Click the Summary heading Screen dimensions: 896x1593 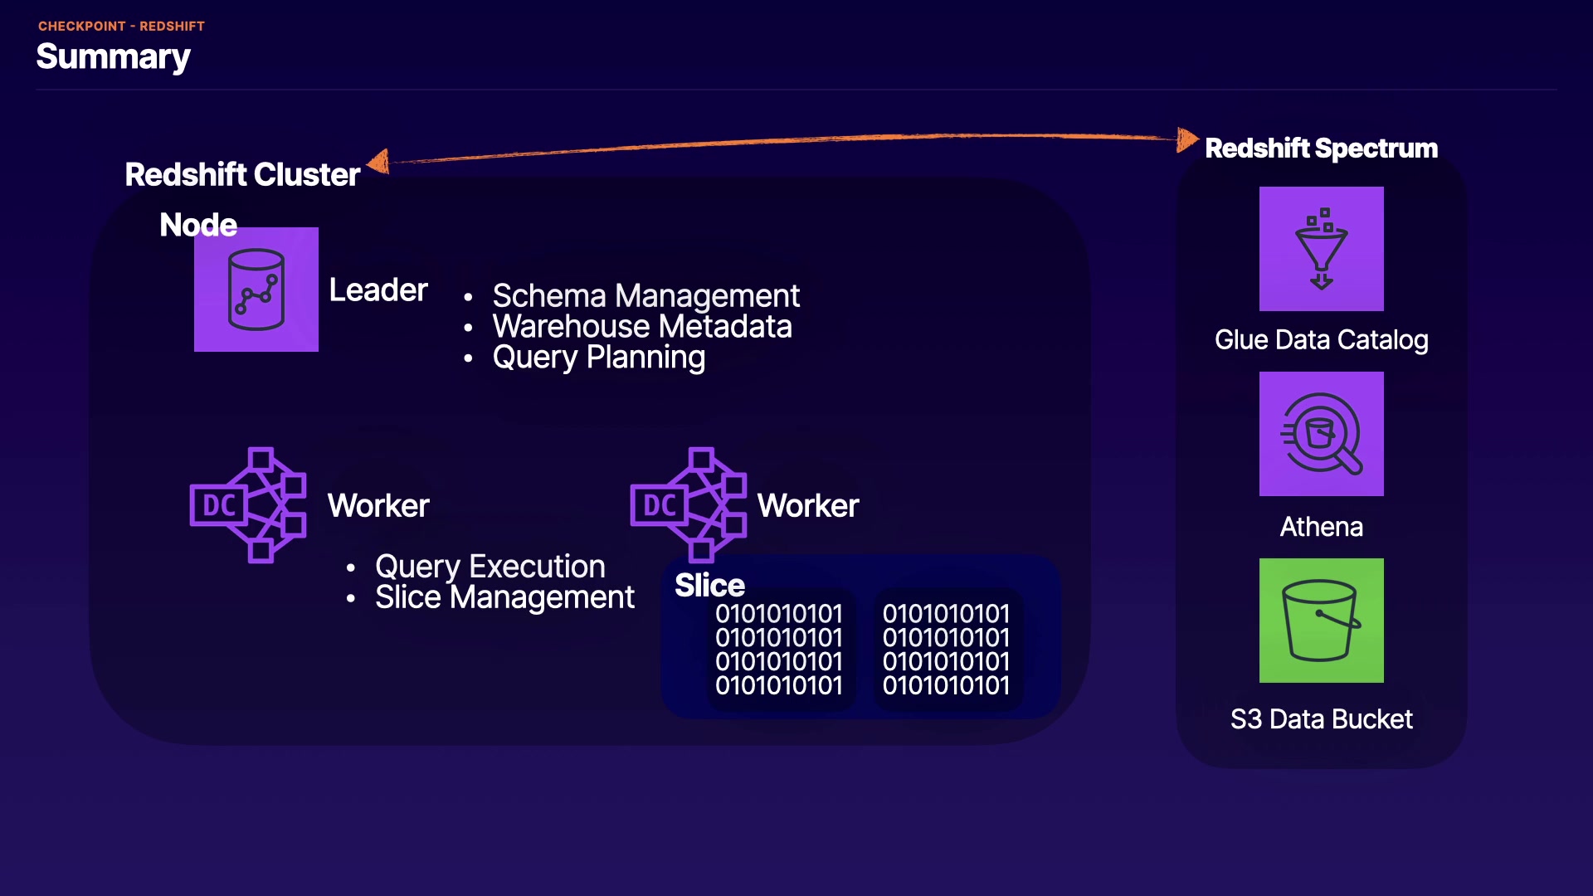[114, 56]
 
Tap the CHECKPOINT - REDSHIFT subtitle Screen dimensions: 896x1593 [121, 27]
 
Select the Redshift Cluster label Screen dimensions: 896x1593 [242, 175]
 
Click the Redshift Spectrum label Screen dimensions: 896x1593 [1321, 149]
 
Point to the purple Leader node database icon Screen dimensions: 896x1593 [256, 290]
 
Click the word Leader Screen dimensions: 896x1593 [378, 290]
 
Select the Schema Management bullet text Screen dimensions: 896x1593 [645, 296]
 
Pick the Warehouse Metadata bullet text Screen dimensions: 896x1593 [642, 327]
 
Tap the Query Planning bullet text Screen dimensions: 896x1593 [598, 358]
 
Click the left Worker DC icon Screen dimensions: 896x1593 [248, 505]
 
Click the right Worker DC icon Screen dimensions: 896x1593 [689, 505]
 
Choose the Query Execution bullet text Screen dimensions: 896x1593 [490, 567]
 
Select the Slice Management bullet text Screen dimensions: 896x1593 [504, 597]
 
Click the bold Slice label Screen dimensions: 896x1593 [709, 586]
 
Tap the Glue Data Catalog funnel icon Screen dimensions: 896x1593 [1321, 249]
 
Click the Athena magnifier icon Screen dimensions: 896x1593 [1321, 434]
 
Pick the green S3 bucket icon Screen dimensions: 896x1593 [1321, 621]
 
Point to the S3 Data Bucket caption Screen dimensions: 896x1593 [1321, 719]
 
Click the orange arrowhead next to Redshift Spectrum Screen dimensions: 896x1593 [1187, 139]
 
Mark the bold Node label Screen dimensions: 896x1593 [198, 225]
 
